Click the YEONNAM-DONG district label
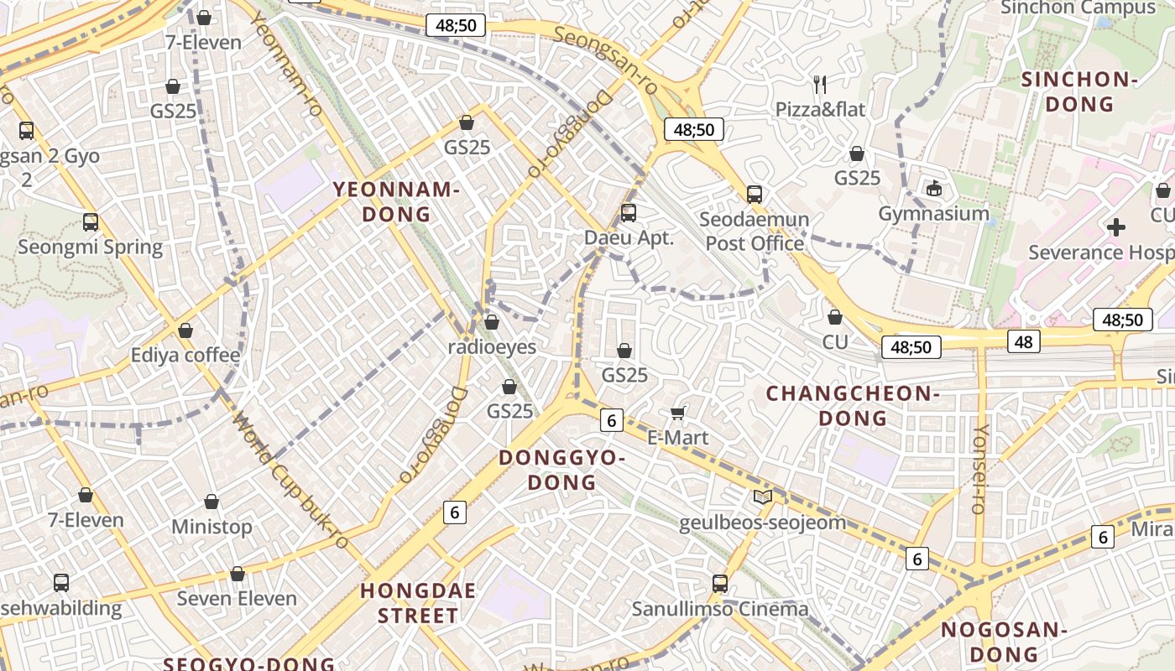396,201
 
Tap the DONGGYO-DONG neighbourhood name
562,470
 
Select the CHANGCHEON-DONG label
852,405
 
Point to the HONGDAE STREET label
418,602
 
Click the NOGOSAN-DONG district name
1003,642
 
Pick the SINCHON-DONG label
1078,91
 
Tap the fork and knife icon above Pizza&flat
820,84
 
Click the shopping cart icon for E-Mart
678,412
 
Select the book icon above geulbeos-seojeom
762,497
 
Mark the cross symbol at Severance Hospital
1116,226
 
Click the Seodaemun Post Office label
755,231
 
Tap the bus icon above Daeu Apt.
629,213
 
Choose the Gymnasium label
933,213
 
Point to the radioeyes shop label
492,346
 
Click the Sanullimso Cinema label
720,609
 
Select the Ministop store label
211,527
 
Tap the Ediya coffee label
185,355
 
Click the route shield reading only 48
1023,341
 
